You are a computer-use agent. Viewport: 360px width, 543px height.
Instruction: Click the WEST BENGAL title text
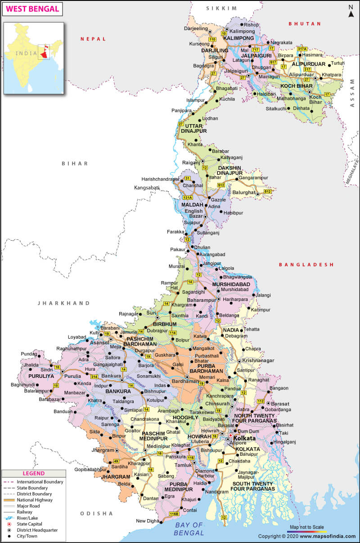(32, 9)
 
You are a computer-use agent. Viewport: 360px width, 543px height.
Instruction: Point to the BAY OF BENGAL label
(189, 529)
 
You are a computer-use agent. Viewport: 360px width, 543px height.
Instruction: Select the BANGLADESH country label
(306, 265)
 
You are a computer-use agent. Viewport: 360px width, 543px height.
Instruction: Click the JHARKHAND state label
(64, 303)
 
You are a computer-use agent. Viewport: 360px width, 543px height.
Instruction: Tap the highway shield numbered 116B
(174, 514)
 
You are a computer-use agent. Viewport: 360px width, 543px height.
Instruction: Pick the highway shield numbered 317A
(302, 49)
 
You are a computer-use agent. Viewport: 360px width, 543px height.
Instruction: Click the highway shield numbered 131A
(188, 197)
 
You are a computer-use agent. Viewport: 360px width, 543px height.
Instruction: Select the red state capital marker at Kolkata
(230, 436)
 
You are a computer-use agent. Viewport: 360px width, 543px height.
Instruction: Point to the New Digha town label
(148, 521)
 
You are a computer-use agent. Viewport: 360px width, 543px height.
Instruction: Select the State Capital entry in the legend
(30, 524)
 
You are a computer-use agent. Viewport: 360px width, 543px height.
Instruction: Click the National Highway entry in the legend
(35, 500)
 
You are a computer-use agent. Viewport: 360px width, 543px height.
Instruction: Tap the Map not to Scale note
(307, 527)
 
